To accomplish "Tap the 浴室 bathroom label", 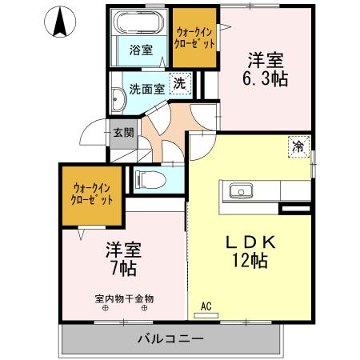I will point(141,50).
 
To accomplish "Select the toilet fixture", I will point(149,178).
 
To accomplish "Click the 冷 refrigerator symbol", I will point(298,146).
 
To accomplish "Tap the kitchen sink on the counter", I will point(241,190).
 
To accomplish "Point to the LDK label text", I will point(246,241).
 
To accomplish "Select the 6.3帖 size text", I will point(267,78).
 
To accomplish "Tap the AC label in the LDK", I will point(206,306).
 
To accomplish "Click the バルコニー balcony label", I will point(170,339).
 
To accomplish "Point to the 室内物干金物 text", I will point(124,298).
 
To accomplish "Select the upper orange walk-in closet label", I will point(195,38).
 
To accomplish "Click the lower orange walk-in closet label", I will point(90,192).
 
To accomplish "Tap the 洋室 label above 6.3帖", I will point(266,59).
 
